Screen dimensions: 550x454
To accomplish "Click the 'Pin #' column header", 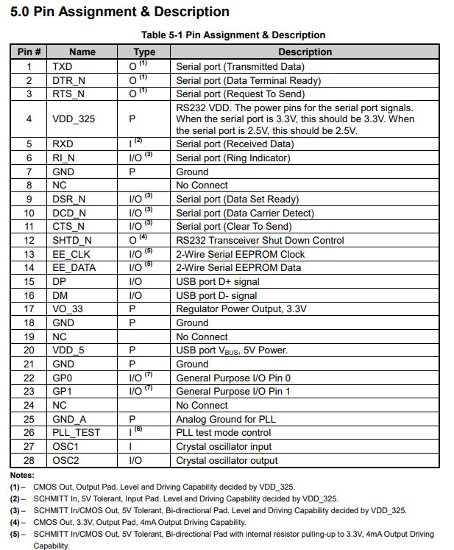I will click(x=29, y=52).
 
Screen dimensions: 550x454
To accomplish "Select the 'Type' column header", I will click(x=144, y=52).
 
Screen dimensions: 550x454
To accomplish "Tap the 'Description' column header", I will click(x=305, y=52).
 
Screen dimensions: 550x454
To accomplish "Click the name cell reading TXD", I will click(x=63, y=66).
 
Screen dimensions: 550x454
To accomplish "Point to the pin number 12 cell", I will click(x=29, y=241).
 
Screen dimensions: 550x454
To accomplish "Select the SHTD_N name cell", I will click(x=72, y=241).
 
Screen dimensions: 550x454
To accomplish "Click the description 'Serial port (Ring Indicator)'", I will click(x=233, y=158).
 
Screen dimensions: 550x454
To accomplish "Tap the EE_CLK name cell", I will click(x=71, y=254).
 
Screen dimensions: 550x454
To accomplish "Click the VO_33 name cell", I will click(x=68, y=309).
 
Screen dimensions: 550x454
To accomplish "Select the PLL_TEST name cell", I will click(x=76, y=433).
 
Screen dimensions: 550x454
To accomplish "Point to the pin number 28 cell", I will click(x=29, y=461).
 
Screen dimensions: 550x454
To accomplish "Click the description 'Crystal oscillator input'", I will click(x=224, y=447).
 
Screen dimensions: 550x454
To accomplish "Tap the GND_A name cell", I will click(x=69, y=419).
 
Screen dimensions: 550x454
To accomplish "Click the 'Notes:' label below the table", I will click(x=22, y=475).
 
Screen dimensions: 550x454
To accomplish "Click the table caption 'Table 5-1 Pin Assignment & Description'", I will click(x=233, y=35).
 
